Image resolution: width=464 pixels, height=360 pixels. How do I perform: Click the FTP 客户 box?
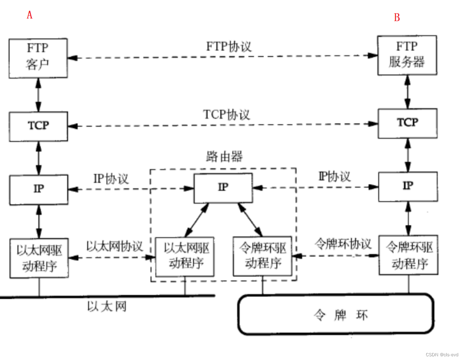point(38,58)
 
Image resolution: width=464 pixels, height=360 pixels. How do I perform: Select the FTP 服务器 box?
point(407,55)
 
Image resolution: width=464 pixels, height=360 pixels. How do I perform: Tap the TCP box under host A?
point(39,126)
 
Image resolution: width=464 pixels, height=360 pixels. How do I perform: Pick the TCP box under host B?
point(407,123)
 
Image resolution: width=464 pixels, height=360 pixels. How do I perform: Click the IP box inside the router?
point(223,188)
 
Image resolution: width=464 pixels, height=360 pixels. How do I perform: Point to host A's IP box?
point(39,189)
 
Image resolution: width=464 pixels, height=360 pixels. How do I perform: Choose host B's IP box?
point(408,186)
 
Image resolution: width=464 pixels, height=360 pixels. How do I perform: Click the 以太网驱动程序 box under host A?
point(39,258)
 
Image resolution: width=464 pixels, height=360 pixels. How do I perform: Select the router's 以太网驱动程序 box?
point(185,256)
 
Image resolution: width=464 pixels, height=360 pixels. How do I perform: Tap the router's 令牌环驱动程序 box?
point(263,256)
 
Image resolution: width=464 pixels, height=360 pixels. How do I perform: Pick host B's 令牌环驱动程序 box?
point(408,255)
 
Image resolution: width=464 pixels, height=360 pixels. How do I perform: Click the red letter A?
point(30,15)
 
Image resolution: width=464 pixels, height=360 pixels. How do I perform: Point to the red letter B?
point(397,17)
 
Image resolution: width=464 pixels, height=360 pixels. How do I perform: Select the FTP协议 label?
point(229,47)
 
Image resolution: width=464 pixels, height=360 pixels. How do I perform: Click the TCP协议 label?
point(227,115)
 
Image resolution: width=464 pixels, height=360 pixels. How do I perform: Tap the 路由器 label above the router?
point(224,157)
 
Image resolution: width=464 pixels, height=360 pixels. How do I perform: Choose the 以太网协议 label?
point(114,246)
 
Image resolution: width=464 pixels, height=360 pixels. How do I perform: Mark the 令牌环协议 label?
point(343,244)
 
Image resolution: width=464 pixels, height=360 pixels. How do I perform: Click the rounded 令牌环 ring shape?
point(336,314)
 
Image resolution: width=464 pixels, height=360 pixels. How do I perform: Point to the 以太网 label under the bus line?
point(107,306)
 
